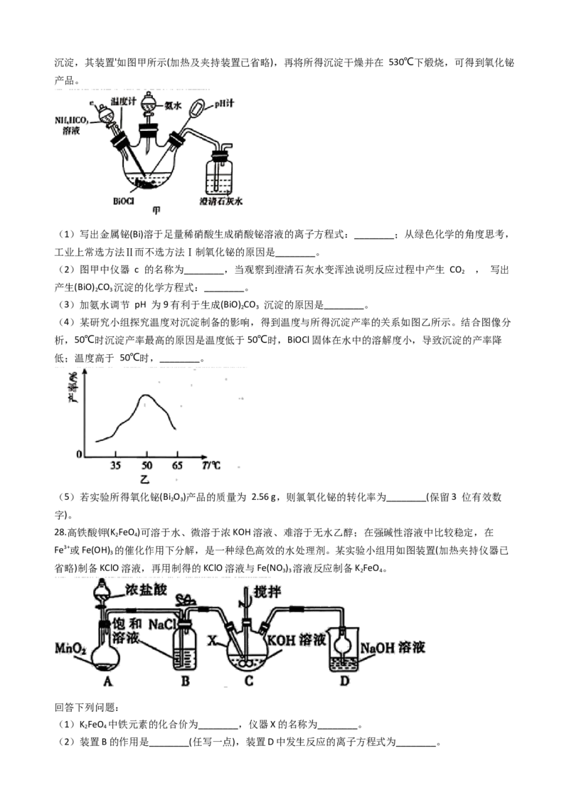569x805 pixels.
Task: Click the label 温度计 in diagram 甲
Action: click(x=123, y=102)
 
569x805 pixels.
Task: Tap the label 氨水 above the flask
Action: click(x=173, y=106)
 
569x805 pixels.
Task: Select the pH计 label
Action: click(x=224, y=103)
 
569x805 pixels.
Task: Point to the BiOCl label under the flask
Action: click(x=123, y=201)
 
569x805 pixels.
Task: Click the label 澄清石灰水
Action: click(x=221, y=201)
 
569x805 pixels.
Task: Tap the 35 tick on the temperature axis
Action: click(x=115, y=465)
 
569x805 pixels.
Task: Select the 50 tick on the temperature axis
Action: click(x=147, y=465)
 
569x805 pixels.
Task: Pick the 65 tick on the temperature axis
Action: click(x=177, y=465)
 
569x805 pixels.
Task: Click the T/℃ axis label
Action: click(x=211, y=465)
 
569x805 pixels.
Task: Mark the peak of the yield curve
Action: click(x=146, y=395)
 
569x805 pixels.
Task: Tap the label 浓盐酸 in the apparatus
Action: click(x=146, y=590)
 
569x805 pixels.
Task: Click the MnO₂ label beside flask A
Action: click(x=71, y=648)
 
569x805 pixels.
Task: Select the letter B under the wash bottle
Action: click(x=186, y=681)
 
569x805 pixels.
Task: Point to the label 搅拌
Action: click(x=267, y=592)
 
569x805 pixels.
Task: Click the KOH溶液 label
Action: click(x=297, y=640)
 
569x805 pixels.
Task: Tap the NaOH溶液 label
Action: click(x=393, y=647)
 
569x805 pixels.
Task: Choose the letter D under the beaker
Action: click(x=344, y=681)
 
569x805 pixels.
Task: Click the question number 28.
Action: click(x=60, y=533)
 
